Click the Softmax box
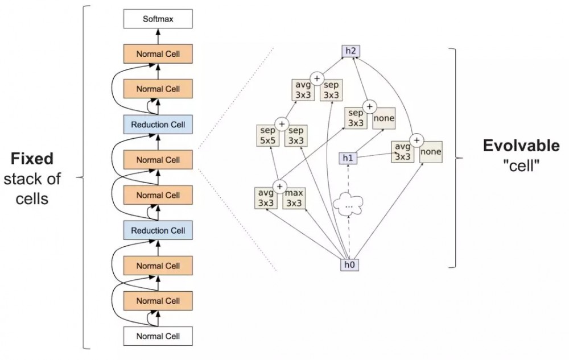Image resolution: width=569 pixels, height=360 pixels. [x=158, y=19]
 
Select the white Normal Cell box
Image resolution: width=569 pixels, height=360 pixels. [x=158, y=336]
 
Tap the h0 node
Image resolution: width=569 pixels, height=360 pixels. [x=349, y=264]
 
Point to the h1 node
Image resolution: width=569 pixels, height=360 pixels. [x=348, y=158]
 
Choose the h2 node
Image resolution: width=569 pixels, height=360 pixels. [x=349, y=52]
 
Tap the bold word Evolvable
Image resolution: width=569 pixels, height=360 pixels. [x=521, y=146]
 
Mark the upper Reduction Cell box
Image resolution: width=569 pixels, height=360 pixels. [x=158, y=125]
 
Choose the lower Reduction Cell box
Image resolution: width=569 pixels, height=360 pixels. [x=158, y=230]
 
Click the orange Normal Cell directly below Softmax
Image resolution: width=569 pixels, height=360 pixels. [x=158, y=54]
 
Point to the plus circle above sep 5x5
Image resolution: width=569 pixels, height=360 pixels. [x=280, y=123]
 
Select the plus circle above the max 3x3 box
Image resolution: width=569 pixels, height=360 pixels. [x=279, y=185]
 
